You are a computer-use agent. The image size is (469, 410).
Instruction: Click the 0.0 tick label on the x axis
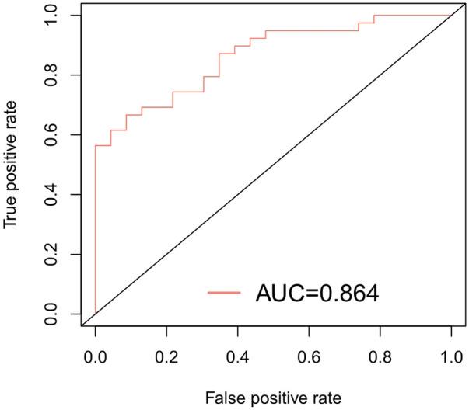pyautogui.click(x=95, y=362)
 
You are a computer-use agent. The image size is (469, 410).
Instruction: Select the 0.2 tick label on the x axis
pyautogui.click(x=166, y=362)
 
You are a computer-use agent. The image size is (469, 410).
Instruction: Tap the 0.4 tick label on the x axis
pyautogui.click(x=238, y=362)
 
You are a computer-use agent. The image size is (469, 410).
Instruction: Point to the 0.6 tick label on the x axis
pyautogui.click(x=309, y=362)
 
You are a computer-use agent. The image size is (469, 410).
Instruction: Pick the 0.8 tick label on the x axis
pyautogui.click(x=380, y=362)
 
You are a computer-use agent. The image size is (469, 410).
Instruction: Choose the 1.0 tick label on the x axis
pyautogui.click(x=452, y=362)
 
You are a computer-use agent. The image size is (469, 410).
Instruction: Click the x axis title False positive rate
pyautogui.click(x=273, y=398)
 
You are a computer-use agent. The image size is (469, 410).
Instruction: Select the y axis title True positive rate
pyautogui.click(x=11, y=165)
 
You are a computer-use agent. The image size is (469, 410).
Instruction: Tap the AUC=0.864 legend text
pyautogui.click(x=317, y=293)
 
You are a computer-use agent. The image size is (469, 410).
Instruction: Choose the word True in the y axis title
pyautogui.click(x=11, y=213)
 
